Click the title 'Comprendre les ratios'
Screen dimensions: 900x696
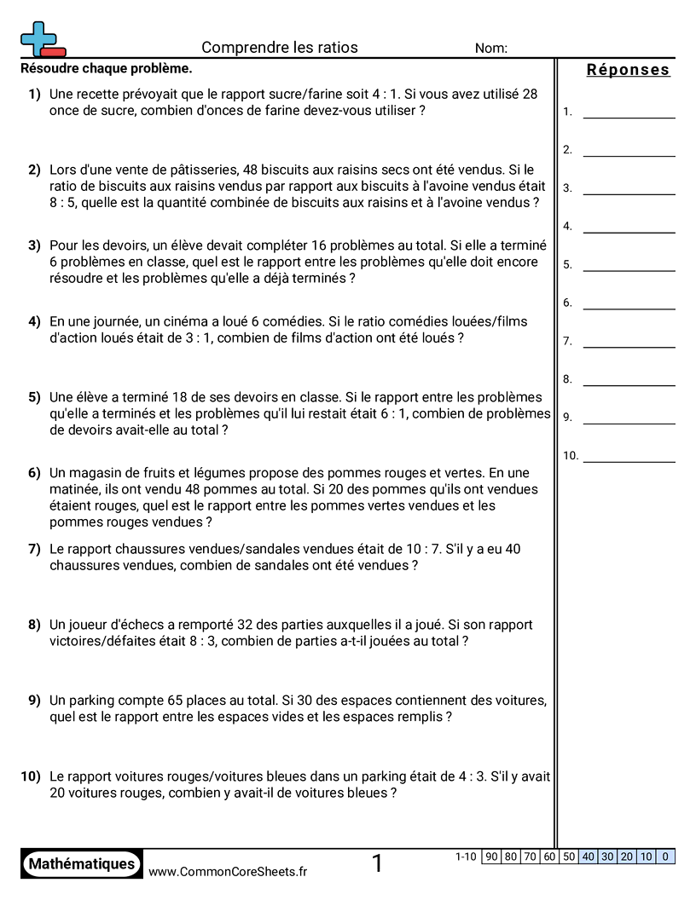click(x=280, y=48)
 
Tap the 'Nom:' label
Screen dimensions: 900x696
click(x=490, y=49)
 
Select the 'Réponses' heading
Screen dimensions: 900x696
click(x=628, y=70)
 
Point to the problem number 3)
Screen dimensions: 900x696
click(x=34, y=245)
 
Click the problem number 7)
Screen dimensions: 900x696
click(x=34, y=549)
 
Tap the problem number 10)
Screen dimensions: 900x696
click(x=31, y=776)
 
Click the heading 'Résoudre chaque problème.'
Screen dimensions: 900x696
click(x=106, y=68)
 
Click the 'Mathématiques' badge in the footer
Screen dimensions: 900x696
click(x=81, y=863)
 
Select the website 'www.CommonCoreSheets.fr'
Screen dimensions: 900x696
click(x=228, y=871)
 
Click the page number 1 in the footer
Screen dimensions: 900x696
click(x=377, y=863)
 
